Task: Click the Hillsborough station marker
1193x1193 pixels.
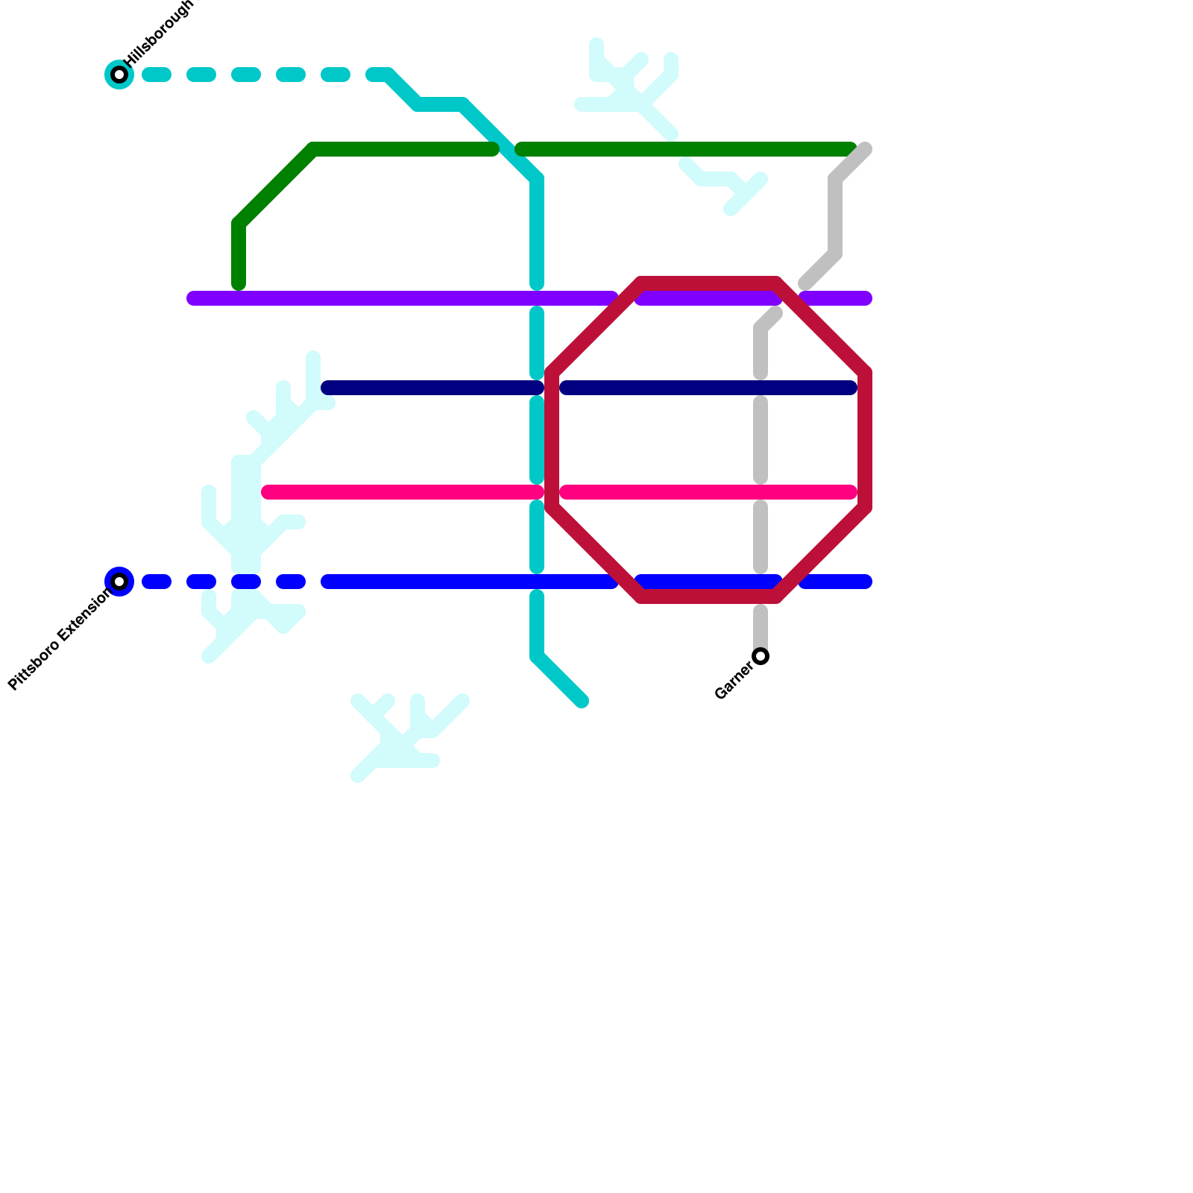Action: pyautogui.click(x=119, y=75)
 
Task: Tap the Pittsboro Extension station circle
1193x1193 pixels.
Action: pyautogui.click(x=119, y=582)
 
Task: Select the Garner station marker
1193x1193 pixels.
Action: pyautogui.click(x=761, y=656)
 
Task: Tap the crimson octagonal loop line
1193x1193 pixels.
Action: pyautogui.click(x=865, y=440)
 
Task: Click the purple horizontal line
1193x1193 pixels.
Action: pyautogui.click(x=373, y=298)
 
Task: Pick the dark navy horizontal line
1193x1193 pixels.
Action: pyautogui.click(x=432, y=388)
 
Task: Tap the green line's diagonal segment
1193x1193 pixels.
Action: pyautogui.click(x=276, y=186)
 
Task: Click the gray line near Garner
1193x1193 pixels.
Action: pyautogui.click(x=761, y=626)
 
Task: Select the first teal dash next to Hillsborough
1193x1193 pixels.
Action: pyautogui.click(x=157, y=75)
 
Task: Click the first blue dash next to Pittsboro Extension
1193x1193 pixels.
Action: pyautogui.click(x=157, y=582)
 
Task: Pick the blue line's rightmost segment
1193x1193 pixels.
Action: pyautogui.click(x=835, y=582)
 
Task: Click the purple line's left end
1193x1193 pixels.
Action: pyautogui.click(x=195, y=298)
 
